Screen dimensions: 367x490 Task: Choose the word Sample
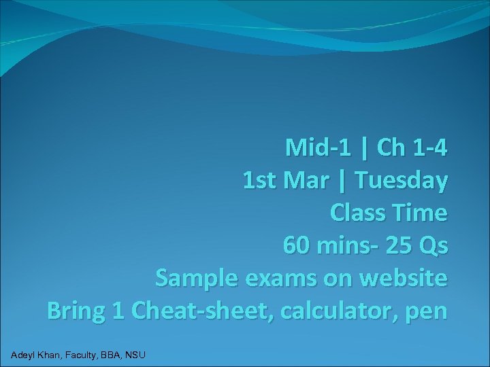point(198,279)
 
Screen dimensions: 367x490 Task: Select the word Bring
point(76,311)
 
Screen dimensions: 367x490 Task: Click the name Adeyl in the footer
point(25,354)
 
